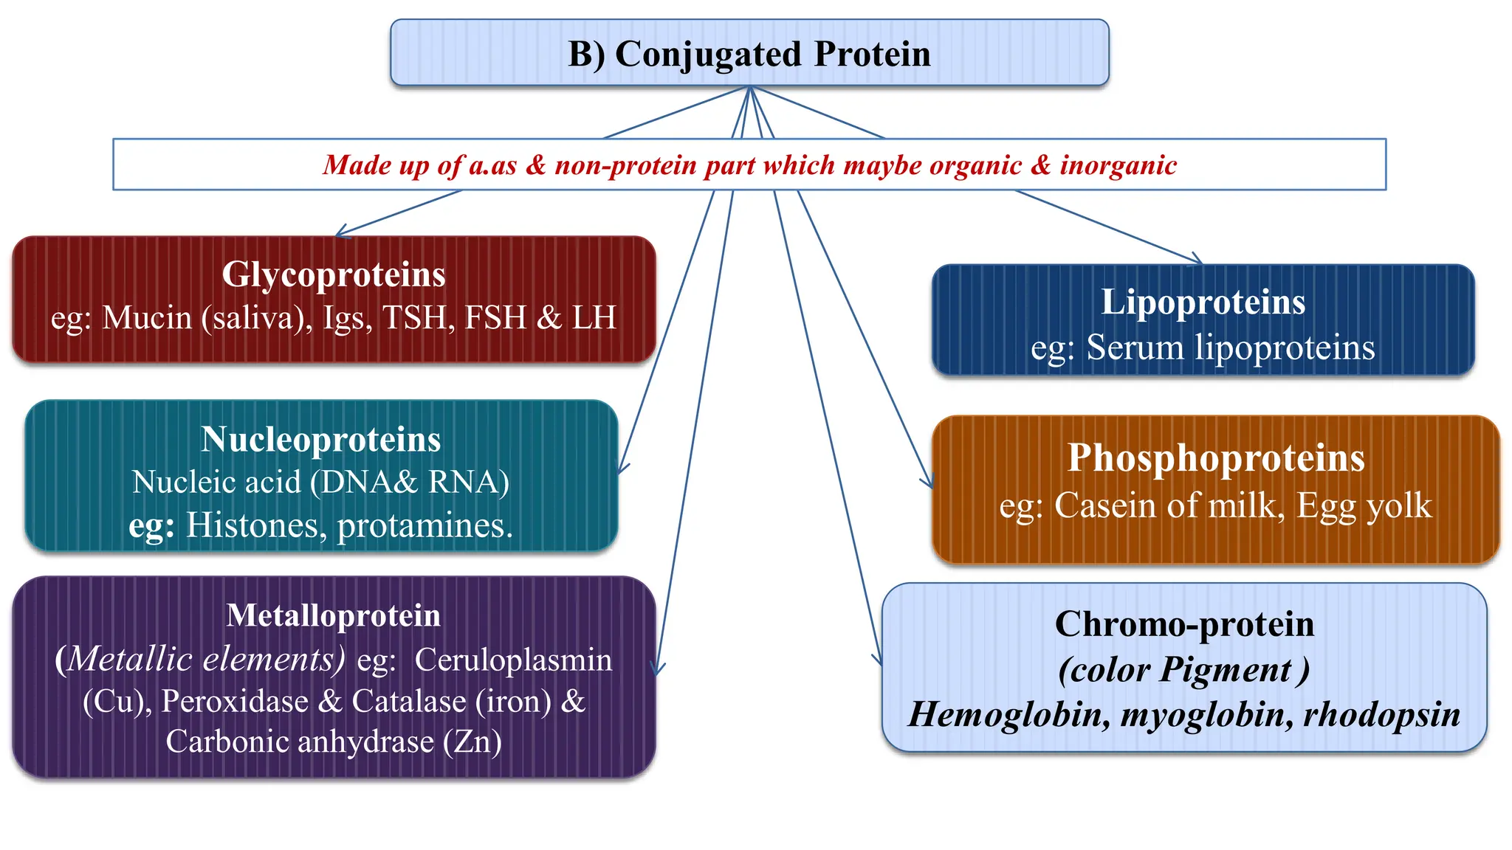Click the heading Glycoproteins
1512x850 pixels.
(334, 274)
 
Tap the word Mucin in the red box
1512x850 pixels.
(146, 318)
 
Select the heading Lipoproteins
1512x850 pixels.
(1203, 303)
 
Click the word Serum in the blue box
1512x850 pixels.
(1135, 348)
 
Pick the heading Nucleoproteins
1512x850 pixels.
(321, 440)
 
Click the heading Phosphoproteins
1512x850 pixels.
(1216, 458)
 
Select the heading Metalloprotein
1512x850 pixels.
(334, 616)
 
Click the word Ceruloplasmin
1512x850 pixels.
(513, 660)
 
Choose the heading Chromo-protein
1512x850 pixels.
(1184, 624)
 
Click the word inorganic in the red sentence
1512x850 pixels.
(1118, 165)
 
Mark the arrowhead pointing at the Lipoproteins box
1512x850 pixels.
(1197, 260)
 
